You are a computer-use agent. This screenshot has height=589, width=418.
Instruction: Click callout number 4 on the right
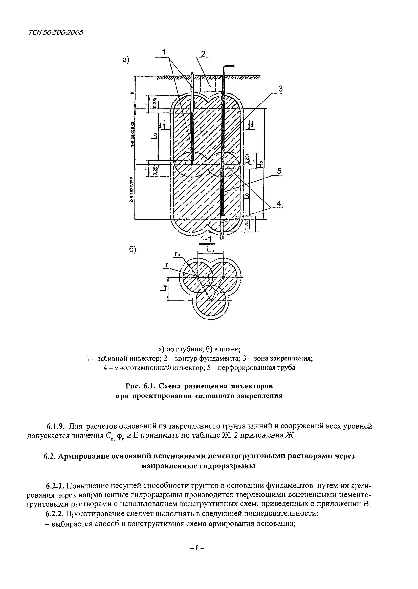[x=279, y=204]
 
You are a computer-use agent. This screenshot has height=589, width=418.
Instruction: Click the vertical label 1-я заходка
[x=132, y=134]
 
